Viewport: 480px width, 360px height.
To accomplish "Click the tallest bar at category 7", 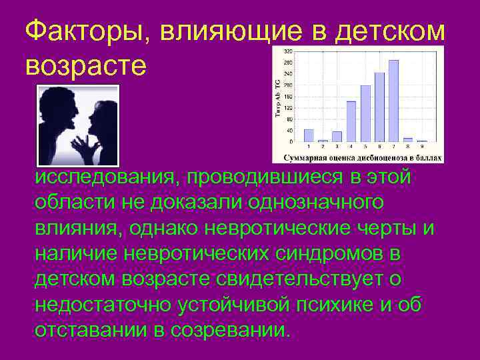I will pyautogui.click(x=393, y=100).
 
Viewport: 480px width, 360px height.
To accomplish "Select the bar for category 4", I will pyautogui.click(x=351, y=121).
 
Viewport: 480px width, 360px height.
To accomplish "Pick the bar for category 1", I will pyautogui.click(x=309, y=135).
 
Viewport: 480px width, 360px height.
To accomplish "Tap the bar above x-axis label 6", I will pyautogui.click(x=379, y=107).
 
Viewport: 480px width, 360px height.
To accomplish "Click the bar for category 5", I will pyautogui.click(x=365, y=113).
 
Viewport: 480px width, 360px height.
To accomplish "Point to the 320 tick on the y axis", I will pyautogui.click(x=288, y=51).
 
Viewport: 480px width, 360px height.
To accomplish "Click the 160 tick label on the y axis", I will pyautogui.click(x=288, y=97).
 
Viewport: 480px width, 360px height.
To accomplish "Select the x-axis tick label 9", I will pyautogui.click(x=422, y=146).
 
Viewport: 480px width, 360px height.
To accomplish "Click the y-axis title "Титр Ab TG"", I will pyautogui.click(x=277, y=96).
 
